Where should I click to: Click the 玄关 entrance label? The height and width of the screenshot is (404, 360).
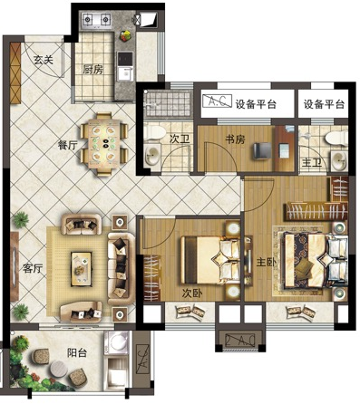[x=44, y=60]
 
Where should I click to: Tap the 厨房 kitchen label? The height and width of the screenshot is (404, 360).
[x=92, y=70]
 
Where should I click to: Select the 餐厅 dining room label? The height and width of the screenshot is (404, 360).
[x=68, y=145]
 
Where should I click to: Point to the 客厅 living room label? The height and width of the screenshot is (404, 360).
[x=33, y=268]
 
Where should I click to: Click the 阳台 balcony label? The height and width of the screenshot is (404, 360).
[x=77, y=352]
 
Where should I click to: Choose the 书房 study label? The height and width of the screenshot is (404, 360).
[x=235, y=139]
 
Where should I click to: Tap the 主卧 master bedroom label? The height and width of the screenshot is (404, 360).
[x=267, y=262]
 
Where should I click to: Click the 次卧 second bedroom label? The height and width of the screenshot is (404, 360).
[x=192, y=293]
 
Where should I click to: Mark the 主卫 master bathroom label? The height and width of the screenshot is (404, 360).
[x=312, y=163]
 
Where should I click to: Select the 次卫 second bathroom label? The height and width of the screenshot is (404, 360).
[x=180, y=139]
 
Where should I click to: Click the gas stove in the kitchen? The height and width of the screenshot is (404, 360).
[x=97, y=21]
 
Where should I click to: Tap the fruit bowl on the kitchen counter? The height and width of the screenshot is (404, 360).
[x=125, y=35]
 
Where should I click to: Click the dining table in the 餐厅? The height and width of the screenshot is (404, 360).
[x=104, y=144]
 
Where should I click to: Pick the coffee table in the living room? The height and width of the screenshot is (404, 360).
[x=81, y=269]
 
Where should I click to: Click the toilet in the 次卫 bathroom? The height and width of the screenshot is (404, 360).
[x=154, y=132]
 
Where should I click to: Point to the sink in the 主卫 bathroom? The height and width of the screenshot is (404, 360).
[x=338, y=160]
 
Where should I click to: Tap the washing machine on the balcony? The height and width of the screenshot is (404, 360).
[x=116, y=343]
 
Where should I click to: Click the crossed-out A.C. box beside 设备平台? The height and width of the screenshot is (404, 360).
[x=217, y=101]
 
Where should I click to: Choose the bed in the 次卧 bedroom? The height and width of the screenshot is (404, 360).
[x=210, y=260]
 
